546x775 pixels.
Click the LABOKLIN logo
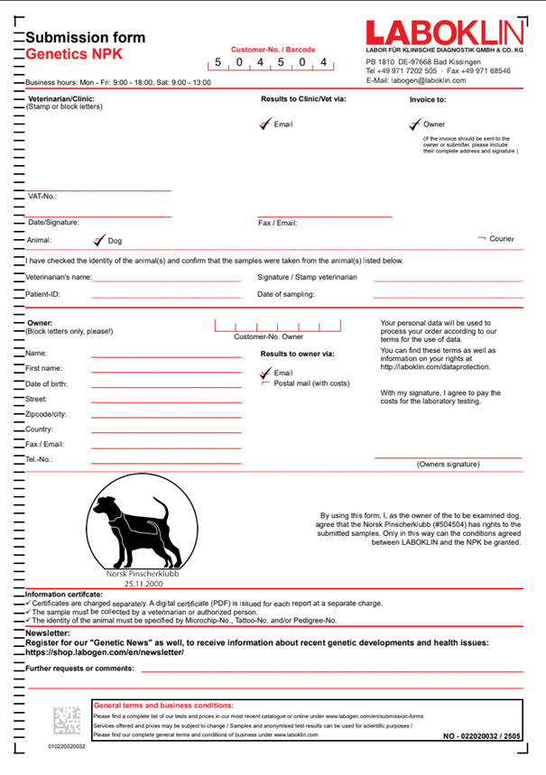(x=444, y=32)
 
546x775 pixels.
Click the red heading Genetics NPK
(x=74, y=54)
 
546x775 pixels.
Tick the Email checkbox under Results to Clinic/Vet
(x=264, y=125)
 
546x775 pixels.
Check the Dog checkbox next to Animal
(x=99, y=241)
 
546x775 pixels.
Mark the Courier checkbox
(x=482, y=238)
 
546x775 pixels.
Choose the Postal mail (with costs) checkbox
(x=265, y=383)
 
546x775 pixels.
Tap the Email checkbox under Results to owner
(x=264, y=373)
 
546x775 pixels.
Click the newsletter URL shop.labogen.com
(x=105, y=651)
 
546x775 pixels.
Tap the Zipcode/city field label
(x=46, y=414)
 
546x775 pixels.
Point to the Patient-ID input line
(x=166, y=295)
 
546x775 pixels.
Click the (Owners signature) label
(x=448, y=465)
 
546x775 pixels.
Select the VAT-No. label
(x=42, y=196)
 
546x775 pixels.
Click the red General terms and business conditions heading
(x=163, y=705)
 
